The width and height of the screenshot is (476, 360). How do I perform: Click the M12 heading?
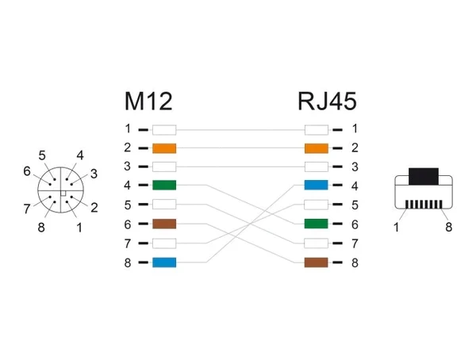pyautogui.click(x=148, y=101)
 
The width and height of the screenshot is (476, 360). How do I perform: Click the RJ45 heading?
pyautogui.click(x=327, y=101)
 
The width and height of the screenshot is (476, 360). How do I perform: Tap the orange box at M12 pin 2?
pyautogui.click(x=164, y=148)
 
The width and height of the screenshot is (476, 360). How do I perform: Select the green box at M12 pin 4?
pyautogui.click(x=164, y=186)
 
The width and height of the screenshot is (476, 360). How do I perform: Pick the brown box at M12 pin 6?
pyautogui.click(x=164, y=224)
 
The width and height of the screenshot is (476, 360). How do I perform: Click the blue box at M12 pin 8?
pyautogui.click(x=164, y=262)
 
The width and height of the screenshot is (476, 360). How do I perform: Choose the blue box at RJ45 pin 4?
pyautogui.click(x=317, y=186)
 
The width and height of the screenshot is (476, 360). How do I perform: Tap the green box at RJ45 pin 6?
pyautogui.click(x=317, y=224)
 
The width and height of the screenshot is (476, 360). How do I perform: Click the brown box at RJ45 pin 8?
pyautogui.click(x=317, y=262)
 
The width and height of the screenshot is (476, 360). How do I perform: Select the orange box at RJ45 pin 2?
pyautogui.click(x=317, y=148)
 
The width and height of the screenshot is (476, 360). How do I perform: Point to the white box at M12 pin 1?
pyautogui.click(x=164, y=130)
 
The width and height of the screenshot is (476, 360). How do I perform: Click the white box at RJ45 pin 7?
pyautogui.click(x=317, y=243)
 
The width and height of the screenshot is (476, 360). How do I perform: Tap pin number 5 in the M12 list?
pyautogui.click(x=128, y=205)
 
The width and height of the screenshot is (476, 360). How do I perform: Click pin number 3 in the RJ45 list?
pyautogui.click(x=355, y=167)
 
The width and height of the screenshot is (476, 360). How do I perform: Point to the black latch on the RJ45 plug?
pyautogui.click(x=424, y=176)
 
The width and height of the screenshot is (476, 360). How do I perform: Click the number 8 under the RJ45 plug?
pyautogui.click(x=449, y=227)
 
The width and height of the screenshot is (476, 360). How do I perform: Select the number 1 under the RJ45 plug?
pyautogui.click(x=396, y=227)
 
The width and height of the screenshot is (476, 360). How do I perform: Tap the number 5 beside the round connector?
pyautogui.click(x=42, y=155)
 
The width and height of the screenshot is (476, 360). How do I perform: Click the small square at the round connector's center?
pyautogui.click(x=63, y=193)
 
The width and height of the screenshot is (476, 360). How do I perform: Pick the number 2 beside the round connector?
pyautogui.click(x=94, y=208)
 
